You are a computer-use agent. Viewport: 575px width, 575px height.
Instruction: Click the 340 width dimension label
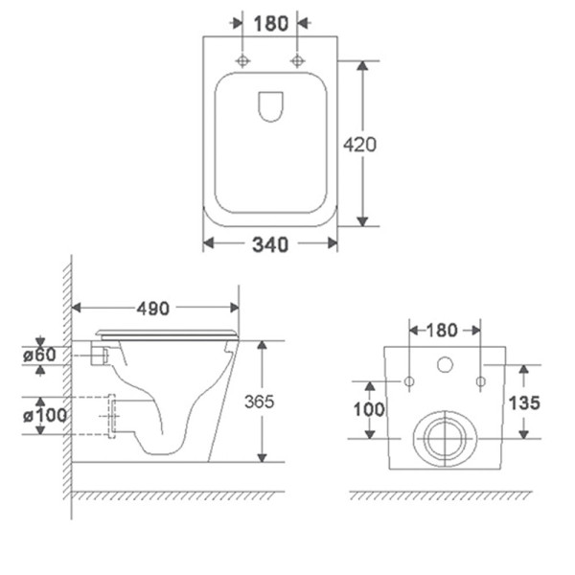pos(270,244)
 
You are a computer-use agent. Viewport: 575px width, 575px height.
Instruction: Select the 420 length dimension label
pos(359,145)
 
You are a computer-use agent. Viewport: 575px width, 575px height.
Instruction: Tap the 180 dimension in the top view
pos(270,24)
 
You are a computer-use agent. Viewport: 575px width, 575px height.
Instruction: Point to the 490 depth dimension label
pos(153,309)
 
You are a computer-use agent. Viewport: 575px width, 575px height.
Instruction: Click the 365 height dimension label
pos(260,402)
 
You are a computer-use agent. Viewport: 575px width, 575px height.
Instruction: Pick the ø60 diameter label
pos(39,355)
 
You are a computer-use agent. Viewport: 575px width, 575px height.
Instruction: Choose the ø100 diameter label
pos(45,416)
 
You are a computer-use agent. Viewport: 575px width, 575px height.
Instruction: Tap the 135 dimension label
pos(524,403)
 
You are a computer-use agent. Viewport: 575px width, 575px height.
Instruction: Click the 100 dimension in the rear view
pos(369,409)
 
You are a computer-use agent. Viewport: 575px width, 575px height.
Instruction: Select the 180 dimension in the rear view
pos(442,330)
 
